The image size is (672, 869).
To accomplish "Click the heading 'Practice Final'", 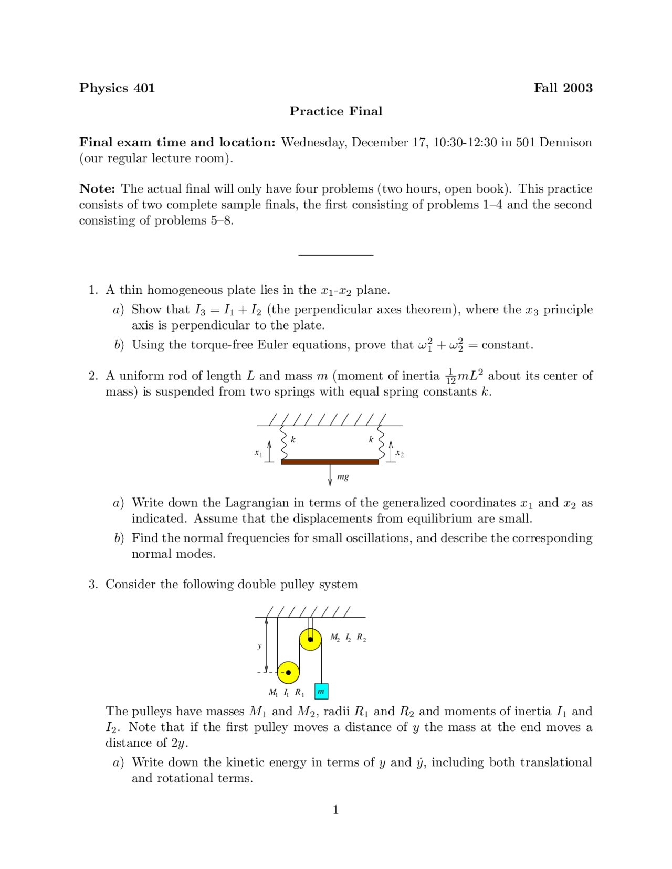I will coord(335,111).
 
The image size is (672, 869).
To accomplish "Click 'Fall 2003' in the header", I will coord(563,88).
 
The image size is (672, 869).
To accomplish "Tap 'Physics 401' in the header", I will coord(117,88).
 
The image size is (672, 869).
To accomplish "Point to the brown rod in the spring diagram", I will coord(330,462).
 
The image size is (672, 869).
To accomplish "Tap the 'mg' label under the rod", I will coord(343,476).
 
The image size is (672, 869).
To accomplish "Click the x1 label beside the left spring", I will coord(258,452).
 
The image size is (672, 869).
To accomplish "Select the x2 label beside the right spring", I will coord(400,453).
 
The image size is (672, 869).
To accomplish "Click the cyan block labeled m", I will coord(321,692).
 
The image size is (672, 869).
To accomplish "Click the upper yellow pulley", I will coord(310,639).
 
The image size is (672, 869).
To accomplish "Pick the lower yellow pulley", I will coord(288,672).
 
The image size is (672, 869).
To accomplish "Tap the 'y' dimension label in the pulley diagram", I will coord(259,646).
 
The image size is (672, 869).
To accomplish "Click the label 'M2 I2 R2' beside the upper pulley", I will coord(348,638).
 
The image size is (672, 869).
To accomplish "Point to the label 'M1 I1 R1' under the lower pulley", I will coord(287,692).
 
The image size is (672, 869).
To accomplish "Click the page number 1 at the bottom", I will coord(335,810).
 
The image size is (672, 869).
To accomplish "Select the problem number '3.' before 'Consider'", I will coord(93,585).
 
